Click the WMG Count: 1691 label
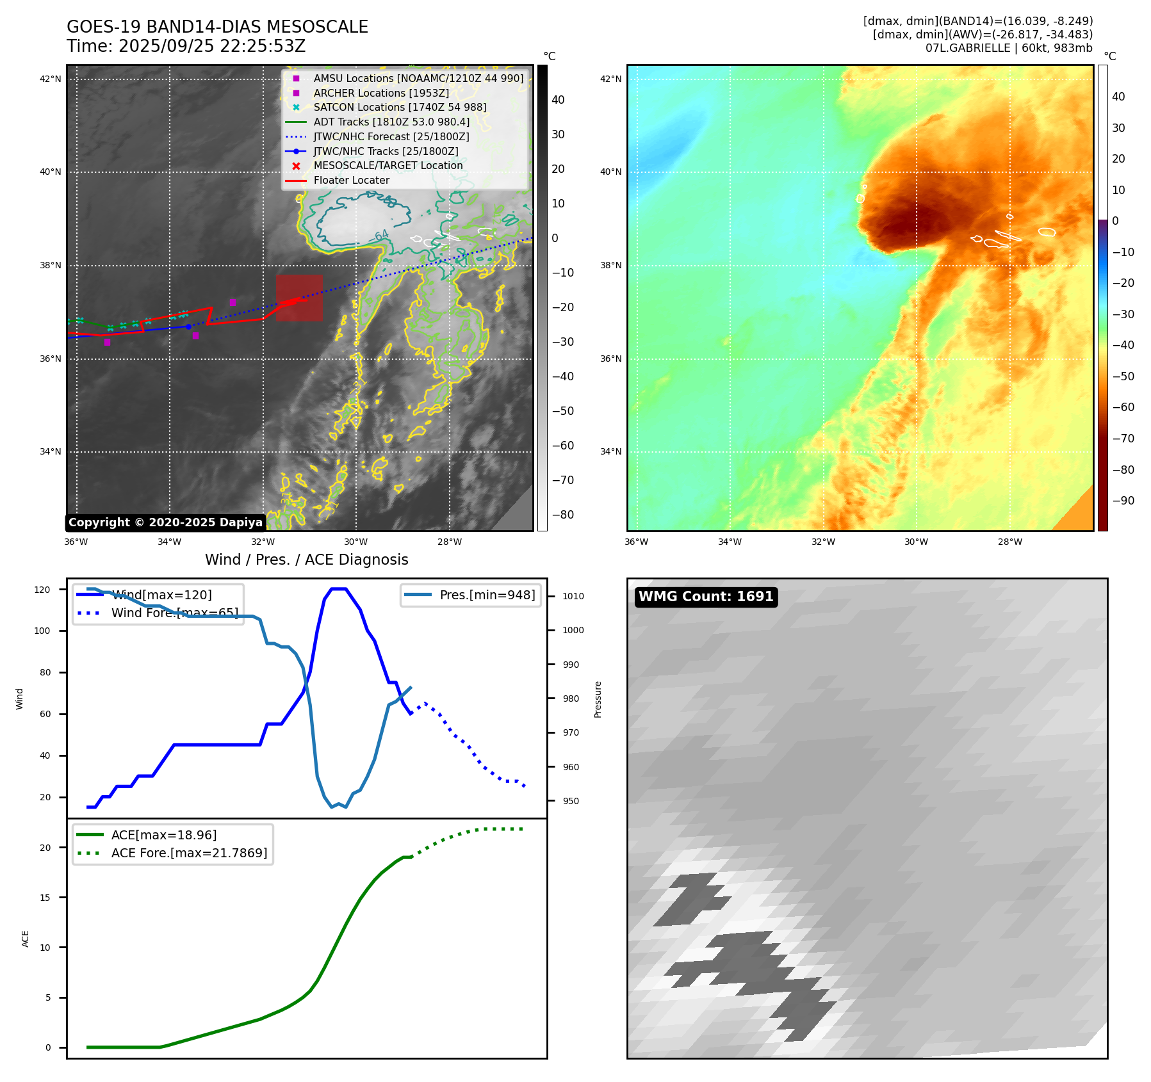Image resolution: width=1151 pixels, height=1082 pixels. tap(706, 597)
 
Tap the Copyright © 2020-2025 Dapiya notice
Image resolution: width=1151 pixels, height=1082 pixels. tap(165, 522)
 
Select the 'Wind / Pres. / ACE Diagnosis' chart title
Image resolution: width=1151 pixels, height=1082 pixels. tap(306, 560)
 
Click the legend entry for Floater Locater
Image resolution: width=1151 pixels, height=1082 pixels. tap(351, 181)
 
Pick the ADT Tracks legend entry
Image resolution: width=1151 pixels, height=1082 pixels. tap(391, 122)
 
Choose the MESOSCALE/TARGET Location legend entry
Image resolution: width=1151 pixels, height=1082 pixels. tap(388, 166)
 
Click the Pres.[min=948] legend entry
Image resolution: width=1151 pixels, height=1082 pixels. tap(487, 595)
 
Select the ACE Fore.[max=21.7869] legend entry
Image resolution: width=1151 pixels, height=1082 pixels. tap(189, 853)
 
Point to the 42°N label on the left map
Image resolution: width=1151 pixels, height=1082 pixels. tap(51, 79)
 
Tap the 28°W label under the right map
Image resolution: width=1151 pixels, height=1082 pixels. tap(1009, 542)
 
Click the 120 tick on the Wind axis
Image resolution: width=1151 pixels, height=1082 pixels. tap(42, 590)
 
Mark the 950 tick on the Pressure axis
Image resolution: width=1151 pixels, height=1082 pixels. tap(571, 801)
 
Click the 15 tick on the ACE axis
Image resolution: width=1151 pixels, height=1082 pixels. tap(45, 898)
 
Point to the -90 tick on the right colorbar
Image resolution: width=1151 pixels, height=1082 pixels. tap(1123, 501)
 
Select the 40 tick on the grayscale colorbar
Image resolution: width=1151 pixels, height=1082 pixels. tap(558, 100)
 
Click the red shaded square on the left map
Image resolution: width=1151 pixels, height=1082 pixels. tap(299, 298)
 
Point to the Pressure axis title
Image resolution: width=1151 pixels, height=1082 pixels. tap(598, 699)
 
